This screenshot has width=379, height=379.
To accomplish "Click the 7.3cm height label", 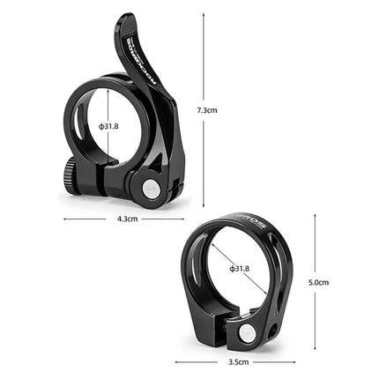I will click(207, 110).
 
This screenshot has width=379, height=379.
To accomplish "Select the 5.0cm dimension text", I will click(318, 283).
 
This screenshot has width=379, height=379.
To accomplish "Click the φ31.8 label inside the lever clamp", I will click(108, 126).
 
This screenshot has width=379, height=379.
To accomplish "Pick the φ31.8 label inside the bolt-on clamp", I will click(239, 268).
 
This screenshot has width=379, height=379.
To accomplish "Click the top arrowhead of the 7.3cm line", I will click(204, 14).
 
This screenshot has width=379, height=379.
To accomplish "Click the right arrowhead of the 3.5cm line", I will click(294, 361).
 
